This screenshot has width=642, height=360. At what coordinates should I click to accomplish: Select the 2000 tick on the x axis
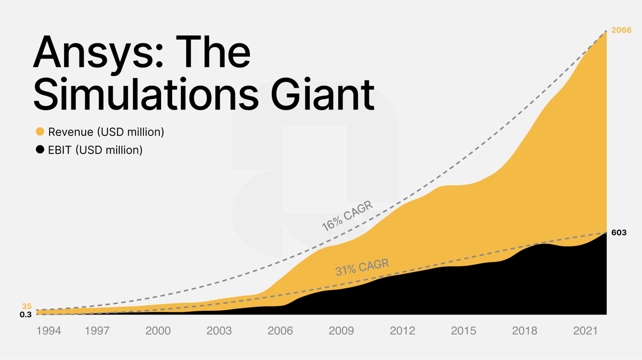(x=158, y=331)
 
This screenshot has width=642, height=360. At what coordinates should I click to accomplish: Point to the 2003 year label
(x=219, y=331)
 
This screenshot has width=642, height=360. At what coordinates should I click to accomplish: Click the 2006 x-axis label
(x=280, y=331)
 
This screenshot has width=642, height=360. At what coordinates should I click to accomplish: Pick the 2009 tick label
(x=341, y=331)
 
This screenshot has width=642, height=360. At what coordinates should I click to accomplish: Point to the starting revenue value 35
(x=27, y=307)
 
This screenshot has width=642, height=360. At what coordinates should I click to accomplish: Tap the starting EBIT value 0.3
(x=26, y=315)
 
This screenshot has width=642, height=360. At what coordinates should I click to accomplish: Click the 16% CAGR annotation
(x=347, y=216)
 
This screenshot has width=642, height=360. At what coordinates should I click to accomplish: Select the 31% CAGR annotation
(x=362, y=267)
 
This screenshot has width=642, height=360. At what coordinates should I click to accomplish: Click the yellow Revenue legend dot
(x=40, y=132)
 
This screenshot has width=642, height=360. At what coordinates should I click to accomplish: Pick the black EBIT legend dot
(x=40, y=150)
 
